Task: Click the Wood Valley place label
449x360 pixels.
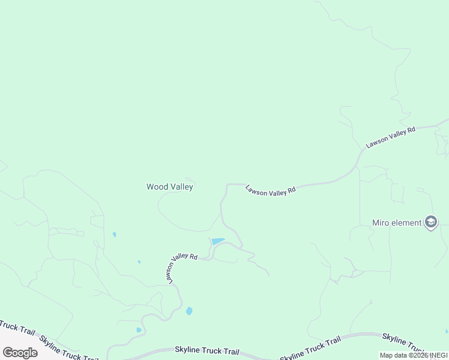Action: [170, 187]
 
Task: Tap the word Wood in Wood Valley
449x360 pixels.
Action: [157, 187]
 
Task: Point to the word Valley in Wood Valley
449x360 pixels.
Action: [181, 187]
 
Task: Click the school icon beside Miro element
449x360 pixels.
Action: [430, 223]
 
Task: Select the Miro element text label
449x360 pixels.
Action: [397, 223]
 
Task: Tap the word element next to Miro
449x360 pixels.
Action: [406, 223]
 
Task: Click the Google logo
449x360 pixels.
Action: [20, 352]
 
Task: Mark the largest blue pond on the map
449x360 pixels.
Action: [217, 241]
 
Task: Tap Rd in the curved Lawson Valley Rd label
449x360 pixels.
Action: [193, 256]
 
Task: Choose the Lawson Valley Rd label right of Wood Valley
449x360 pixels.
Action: [271, 190]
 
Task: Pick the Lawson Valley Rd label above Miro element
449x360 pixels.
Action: [391, 137]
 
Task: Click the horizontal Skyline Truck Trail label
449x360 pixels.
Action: [207, 350]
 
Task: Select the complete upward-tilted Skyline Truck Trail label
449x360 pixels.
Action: [310, 347]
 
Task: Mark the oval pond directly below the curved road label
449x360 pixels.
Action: [189, 311]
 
